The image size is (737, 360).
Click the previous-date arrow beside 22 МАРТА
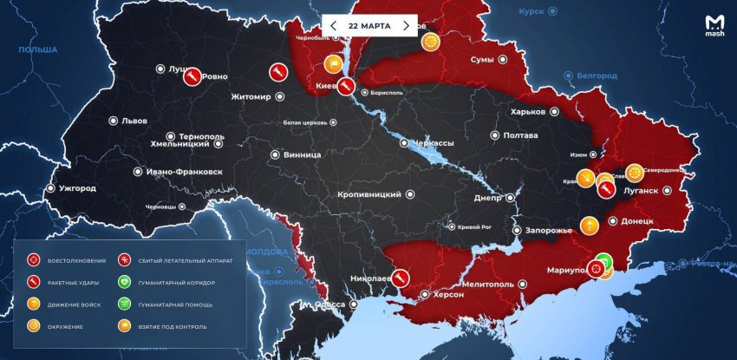333,26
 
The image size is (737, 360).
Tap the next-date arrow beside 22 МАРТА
405,26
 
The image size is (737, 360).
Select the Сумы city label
482,60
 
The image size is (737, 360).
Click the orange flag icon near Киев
333,63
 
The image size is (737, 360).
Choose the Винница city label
302,154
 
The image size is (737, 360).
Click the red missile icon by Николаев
401,278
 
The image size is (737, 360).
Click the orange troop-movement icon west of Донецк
590,226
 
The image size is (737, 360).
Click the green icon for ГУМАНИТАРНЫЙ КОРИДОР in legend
125,282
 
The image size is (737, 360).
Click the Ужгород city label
77,188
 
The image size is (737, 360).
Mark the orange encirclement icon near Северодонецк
635,171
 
